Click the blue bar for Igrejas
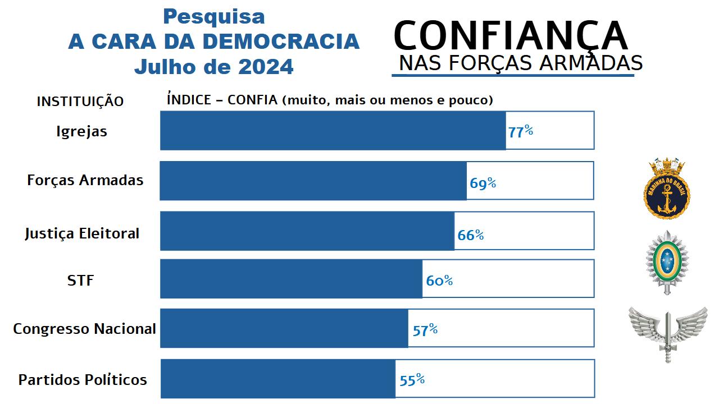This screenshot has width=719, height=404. click(x=333, y=130)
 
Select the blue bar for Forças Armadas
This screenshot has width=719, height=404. click(x=313, y=181)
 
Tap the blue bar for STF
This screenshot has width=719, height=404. click(x=291, y=279)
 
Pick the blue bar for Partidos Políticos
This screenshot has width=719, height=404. click(x=278, y=379)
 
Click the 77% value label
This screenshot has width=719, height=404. click(x=520, y=132)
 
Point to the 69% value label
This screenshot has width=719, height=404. click(x=483, y=183)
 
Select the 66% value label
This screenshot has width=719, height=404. click(x=470, y=235)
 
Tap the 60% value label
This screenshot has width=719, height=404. click(x=439, y=280)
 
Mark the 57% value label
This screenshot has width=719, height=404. click(x=425, y=330)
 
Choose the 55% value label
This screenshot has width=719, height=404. click(x=412, y=380)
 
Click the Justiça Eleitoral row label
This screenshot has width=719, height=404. click(x=82, y=234)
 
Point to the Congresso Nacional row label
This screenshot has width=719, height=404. click(x=84, y=329)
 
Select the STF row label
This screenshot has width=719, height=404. click(x=80, y=280)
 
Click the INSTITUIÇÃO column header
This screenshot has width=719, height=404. click(x=80, y=102)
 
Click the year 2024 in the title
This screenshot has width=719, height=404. click(x=266, y=67)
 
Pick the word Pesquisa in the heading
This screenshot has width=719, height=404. click(x=213, y=17)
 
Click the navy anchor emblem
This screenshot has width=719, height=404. click(x=666, y=189)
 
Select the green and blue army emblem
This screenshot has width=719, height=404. click(x=666, y=261)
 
